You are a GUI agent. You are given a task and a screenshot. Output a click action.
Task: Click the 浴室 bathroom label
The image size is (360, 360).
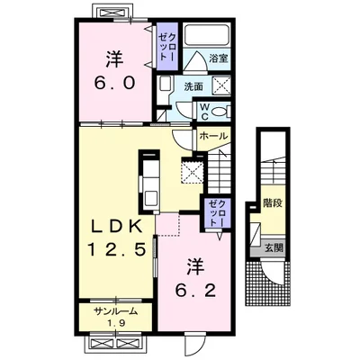[219, 58]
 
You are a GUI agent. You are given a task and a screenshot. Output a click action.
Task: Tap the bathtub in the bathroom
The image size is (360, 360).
[206, 35]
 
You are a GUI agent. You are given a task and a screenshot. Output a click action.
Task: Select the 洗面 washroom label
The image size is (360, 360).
[193, 86]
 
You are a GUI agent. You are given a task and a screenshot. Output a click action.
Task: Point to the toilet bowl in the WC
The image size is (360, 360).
[220, 112]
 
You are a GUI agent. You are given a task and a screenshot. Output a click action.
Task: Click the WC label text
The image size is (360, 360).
[204, 112]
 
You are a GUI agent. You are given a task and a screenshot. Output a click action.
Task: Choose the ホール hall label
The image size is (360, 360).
[213, 136]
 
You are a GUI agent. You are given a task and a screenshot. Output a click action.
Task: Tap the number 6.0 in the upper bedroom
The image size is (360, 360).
[114, 83]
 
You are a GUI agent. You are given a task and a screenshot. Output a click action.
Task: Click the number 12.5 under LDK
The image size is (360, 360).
[117, 248]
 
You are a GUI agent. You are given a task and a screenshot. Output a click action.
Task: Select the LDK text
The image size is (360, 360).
[117, 227]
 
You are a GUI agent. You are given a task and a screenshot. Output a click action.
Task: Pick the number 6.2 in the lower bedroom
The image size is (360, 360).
[195, 291]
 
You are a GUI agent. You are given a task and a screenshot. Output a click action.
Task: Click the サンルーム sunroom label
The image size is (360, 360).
[115, 311]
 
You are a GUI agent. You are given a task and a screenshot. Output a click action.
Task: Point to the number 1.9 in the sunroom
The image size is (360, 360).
[116, 323]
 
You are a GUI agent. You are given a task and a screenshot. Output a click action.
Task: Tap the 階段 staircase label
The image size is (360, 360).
[273, 203]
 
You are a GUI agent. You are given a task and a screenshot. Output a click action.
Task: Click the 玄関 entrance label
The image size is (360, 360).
[274, 247]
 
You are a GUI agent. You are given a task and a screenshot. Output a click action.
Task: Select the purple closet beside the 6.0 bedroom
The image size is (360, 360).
[167, 47]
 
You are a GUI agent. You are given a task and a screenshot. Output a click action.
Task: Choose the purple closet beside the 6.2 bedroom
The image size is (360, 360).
[218, 212]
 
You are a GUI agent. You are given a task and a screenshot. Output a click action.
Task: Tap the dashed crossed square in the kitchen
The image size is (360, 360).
[193, 170]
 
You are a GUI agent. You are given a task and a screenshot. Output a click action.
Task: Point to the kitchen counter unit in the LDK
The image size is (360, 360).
[149, 182]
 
